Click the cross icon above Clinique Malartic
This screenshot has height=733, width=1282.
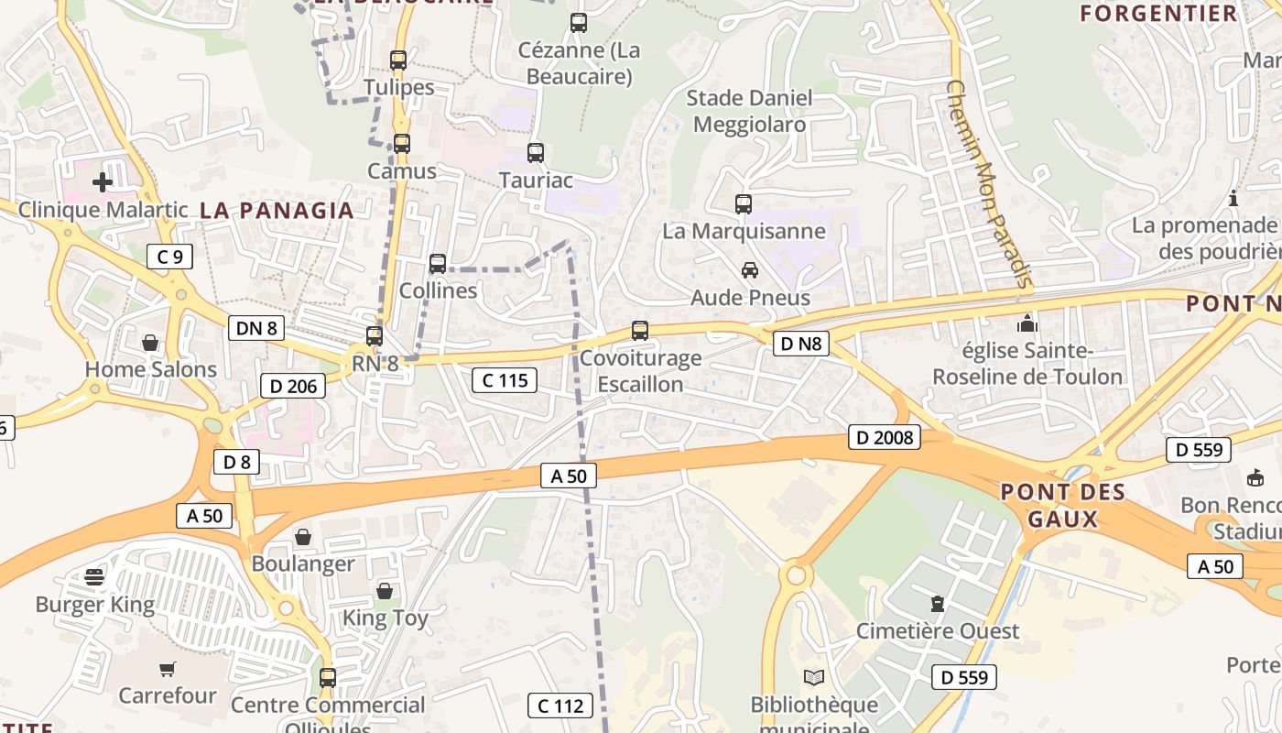point(103,182)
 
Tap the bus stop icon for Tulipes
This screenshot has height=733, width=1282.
point(398,60)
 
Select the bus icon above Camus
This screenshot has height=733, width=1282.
point(402,144)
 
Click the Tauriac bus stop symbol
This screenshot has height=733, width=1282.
point(536,153)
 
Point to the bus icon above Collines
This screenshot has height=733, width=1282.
point(438,264)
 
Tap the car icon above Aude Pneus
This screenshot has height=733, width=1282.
point(750,270)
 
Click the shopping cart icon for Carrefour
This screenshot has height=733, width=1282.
point(167,669)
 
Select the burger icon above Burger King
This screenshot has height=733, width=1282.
point(94,577)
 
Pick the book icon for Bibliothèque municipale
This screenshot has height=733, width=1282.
point(814,678)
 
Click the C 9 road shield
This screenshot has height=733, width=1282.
point(170,257)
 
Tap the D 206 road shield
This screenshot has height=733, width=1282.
point(294,386)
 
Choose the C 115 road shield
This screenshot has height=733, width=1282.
point(505,379)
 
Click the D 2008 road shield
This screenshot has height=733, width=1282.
point(885,438)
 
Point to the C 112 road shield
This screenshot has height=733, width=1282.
point(560,706)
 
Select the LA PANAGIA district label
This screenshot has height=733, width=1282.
point(277,211)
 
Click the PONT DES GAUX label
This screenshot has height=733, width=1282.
point(1062,506)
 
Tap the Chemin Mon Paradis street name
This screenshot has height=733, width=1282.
point(988,183)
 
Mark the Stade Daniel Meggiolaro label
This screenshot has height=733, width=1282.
point(749,111)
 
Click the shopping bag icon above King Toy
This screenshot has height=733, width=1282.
point(385,591)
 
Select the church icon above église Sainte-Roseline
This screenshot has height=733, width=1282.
point(1027,323)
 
